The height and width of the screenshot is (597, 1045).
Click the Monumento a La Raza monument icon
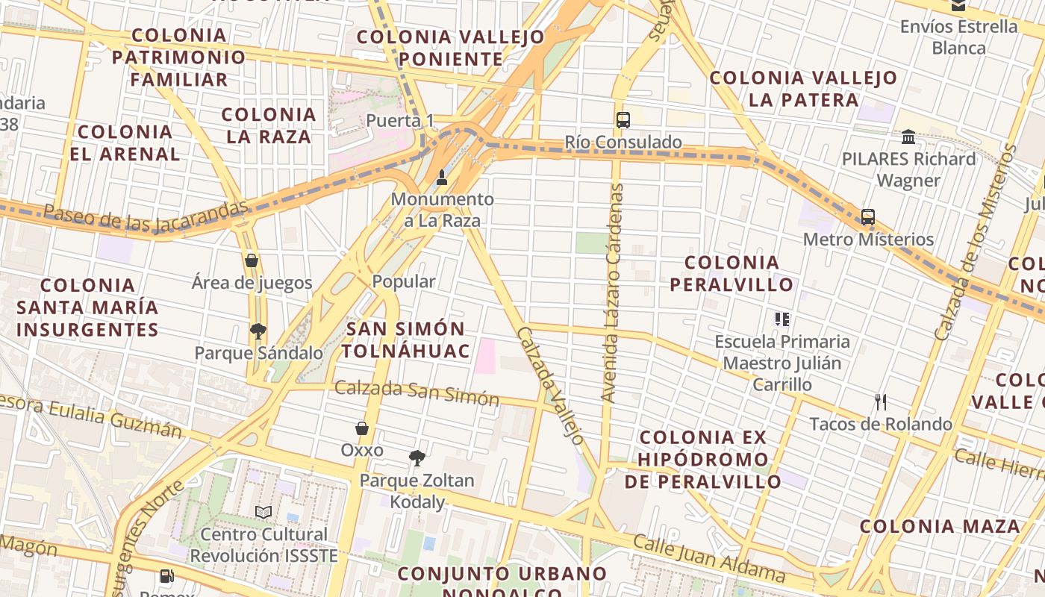(x=442, y=178)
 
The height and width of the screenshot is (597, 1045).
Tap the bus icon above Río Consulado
(x=623, y=119)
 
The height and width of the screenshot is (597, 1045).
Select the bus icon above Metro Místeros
(x=867, y=217)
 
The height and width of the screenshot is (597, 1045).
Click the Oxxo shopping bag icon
(x=362, y=428)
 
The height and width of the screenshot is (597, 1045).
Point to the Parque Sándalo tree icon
(x=258, y=331)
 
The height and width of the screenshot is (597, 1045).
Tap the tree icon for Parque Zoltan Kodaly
(x=417, y=458)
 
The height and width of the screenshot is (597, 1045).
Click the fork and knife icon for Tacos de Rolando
(x=881, y=402)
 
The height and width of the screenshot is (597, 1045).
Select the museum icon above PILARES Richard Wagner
(x=908, y=137)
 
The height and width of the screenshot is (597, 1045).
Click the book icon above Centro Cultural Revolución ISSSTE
(x=263, y=512)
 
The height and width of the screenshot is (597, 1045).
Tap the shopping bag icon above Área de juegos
(x=252, y=260)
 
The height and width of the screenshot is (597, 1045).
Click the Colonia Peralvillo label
(x=731, y=273)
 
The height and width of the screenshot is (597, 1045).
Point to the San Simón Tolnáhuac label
(x=407, y=340)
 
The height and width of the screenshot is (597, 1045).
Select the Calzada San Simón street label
(x=417, y=393)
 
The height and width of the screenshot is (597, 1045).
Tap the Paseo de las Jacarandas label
(x=145, y=216)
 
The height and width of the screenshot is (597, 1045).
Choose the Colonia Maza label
(x=939, y=526)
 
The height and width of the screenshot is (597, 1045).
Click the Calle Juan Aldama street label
(x=708, y=558)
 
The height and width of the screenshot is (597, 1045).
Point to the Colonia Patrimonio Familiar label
(x=178, y=57)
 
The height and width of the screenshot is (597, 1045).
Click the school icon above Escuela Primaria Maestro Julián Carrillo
(x=782, y=319)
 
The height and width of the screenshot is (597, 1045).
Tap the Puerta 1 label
(x=399, y=120)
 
